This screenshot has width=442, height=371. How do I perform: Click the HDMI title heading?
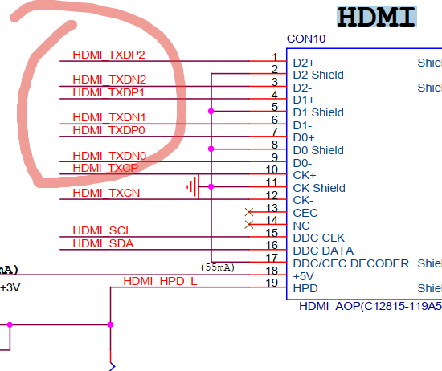pos(377,17)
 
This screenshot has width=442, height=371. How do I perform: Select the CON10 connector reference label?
pos(306,39)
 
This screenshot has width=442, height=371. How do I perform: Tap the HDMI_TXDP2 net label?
pos(108,55)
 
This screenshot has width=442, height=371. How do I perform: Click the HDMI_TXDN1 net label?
pos(109,117)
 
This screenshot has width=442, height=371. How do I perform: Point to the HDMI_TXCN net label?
pos(106,193)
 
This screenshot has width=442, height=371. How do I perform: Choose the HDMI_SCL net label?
pos(102,230)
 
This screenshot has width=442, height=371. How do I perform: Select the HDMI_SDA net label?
pos(103,243)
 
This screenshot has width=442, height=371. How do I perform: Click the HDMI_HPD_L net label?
pos(160,281)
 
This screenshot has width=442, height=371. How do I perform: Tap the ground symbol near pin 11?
pos(194,186)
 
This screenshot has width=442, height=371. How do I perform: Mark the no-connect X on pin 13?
pos(249,212)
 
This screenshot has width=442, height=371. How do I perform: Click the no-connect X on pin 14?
pos(249,225)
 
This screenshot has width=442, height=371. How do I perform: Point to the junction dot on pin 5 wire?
pos(211,112)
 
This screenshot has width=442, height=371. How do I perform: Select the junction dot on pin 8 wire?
pos(211,149)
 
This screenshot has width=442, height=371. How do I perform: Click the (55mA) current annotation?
pos(218,267)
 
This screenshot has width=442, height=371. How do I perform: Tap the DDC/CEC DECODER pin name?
pos(351,263)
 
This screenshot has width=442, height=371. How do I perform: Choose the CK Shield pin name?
pos(319,188)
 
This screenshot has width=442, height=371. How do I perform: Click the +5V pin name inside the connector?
pos(303,276)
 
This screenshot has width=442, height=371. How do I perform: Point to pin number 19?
pos(272,283)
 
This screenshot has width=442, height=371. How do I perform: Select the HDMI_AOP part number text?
pos(370,306)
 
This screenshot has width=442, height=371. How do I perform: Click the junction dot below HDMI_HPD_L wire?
pos(111,324)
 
